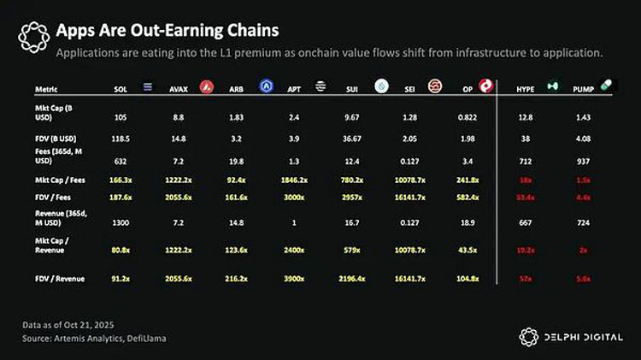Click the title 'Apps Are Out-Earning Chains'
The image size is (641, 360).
(167, 31)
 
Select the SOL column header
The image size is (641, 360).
(121, 89)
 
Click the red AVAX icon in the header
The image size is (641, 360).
(206, 87)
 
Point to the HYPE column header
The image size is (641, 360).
(525, 89)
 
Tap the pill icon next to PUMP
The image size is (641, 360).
(607, 86)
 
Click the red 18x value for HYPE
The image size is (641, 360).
(526, 182)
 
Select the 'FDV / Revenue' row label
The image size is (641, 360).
(59, 278)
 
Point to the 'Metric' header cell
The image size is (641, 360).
(46, 89)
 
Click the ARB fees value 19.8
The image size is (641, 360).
(238, 158)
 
